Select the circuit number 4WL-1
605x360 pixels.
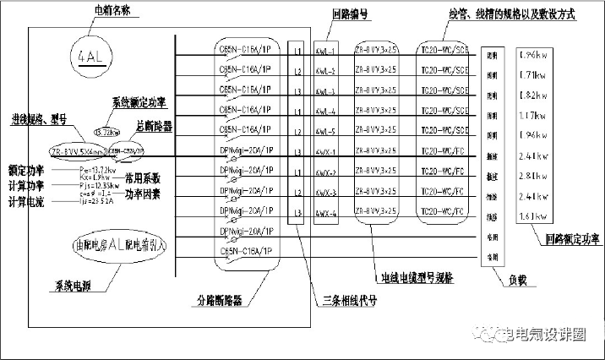click(325, 50)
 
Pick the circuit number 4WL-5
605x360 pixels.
click(325, 131)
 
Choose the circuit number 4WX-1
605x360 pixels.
click(325, 152)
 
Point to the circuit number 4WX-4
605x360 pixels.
click(325, 215)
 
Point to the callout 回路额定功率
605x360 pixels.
click(572, 239)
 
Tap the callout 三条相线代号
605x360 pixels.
click(349, 299)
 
